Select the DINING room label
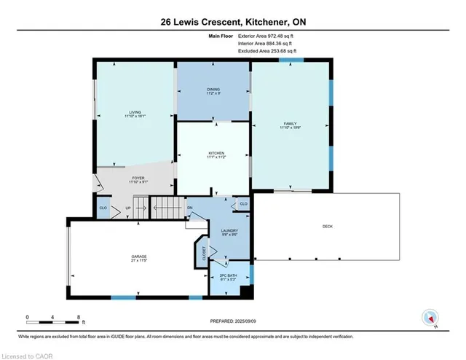213,90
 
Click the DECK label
328,227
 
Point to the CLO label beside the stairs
103,208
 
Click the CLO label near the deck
243,204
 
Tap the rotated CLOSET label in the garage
203,252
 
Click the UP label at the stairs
128,208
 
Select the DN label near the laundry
189,208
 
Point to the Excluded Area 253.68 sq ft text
267,52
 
